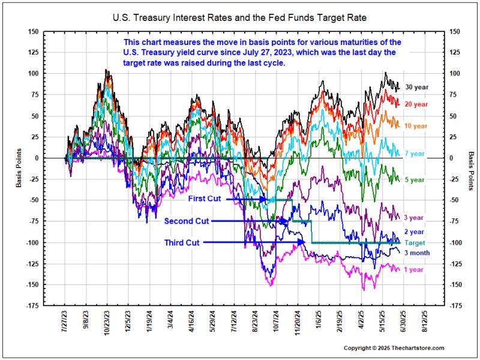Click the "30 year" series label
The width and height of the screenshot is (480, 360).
point(416,87)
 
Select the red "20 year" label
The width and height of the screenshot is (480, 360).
point(416,104)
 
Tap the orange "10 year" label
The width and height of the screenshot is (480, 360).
point(416,126)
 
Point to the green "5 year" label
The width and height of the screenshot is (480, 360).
point(415,179)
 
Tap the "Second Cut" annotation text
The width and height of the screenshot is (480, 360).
point(187,221)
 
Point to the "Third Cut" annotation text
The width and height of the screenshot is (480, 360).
point(182,242)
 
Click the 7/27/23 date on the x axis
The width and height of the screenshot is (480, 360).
point(66,323)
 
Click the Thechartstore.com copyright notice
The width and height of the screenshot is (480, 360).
point(394,348)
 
